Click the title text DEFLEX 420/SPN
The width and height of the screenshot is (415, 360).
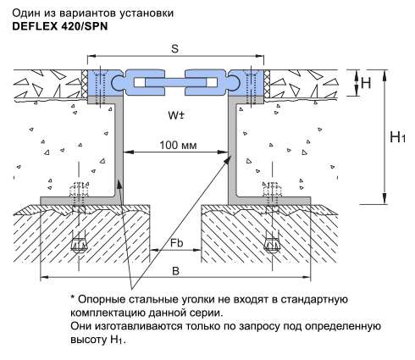[60, 26]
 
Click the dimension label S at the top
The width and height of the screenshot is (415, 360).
[175, 49]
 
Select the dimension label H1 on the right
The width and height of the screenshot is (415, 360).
[397, 137]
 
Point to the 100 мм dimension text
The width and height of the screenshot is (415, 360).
[178, 146]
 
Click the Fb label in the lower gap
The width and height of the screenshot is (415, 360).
[176, 243]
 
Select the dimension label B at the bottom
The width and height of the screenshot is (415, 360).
[175, 271]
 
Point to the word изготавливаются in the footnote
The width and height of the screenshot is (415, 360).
[140, 326]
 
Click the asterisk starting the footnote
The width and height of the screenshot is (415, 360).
[73, 297]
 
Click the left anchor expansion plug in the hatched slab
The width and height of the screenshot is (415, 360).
[78, 245]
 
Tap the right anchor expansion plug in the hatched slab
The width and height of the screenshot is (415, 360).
[272, 245]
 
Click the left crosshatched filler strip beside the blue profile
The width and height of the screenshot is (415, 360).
[84, 84]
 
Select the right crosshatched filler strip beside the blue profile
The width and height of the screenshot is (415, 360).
[267, 84]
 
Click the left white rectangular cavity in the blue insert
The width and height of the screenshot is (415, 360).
[140, 82]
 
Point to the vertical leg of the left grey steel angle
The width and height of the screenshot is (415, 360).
[119, 147]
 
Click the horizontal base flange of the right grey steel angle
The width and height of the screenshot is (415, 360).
[269, 201]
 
